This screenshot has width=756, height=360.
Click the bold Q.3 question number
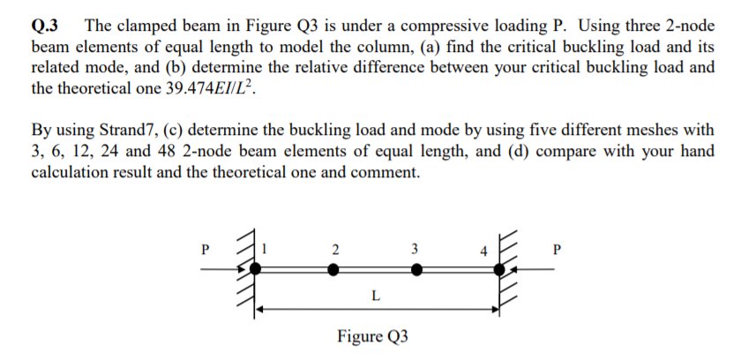pyautogui.click(x=46, y=26)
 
